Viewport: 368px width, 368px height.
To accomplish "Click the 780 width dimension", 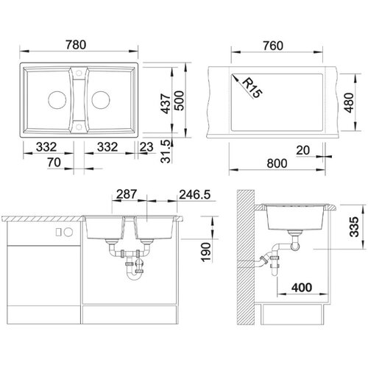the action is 76,45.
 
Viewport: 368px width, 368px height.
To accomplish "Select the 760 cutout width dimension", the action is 273,46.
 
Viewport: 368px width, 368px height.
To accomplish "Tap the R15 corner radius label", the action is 252,88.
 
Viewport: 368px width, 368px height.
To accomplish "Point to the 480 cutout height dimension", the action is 349,102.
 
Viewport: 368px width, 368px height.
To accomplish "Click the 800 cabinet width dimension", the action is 277,163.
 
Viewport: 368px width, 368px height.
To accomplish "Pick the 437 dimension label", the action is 166,104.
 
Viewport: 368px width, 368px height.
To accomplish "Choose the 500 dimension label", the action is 179,101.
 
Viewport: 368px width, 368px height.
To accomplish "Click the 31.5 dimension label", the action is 166,152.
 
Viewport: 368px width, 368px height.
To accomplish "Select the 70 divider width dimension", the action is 54,163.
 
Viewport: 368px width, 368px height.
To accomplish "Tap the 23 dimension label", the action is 146,147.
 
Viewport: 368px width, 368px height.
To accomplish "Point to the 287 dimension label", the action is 127,194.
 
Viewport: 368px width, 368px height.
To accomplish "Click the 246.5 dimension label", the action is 195,194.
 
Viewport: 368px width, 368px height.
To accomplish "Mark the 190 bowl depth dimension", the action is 205,252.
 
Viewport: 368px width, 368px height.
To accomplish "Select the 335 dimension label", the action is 354,227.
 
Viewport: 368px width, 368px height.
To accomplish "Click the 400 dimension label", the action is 302,287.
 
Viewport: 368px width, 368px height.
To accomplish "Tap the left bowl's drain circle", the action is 57,100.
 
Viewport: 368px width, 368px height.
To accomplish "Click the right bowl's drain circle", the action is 101,100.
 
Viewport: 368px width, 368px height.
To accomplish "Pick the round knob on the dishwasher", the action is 68,232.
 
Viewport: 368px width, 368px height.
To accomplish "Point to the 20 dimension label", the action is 302,150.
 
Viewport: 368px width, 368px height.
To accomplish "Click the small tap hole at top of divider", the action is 79,73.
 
